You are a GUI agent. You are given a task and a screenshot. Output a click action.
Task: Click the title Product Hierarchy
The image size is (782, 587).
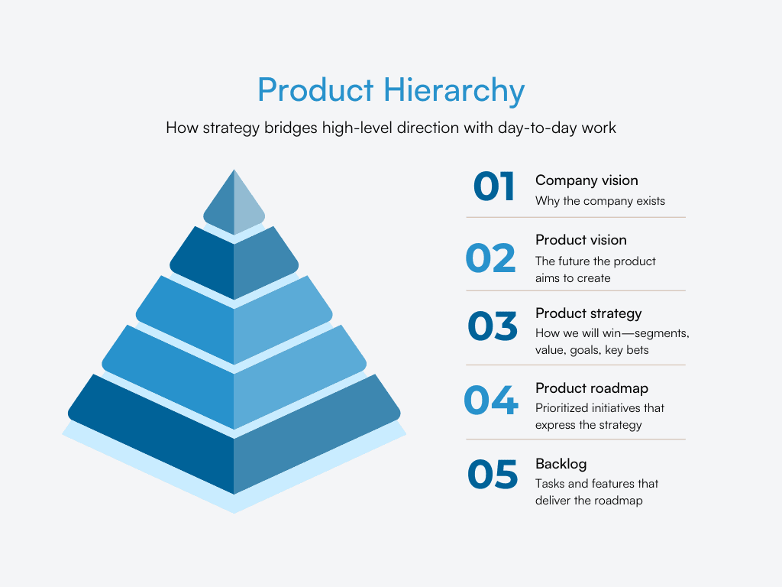(x=391, y=90)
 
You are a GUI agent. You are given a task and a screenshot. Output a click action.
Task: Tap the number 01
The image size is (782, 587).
(x=494, y=187)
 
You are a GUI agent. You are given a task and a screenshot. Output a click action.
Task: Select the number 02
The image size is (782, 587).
(x=491, y=259)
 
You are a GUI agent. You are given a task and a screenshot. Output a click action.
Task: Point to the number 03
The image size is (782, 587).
(x=493, y=326)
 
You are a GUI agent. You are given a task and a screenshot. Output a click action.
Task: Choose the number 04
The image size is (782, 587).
(x=491, y=401)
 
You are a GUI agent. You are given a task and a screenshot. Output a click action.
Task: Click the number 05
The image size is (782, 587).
(x=493, y=475)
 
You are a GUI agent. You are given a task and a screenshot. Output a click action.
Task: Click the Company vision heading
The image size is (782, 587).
(x=586, y=180)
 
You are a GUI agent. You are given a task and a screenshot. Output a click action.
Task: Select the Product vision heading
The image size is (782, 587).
(x=580, y=240)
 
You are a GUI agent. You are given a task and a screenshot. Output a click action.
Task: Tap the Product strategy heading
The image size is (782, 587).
(x=588, y=313)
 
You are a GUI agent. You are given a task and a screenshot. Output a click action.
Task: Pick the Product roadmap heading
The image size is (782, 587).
(x=591, y=388)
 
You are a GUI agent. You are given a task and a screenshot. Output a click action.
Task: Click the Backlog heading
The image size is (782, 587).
(x=561, y=464)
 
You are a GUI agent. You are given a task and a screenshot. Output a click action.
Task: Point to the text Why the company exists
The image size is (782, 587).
(x=599, y=201)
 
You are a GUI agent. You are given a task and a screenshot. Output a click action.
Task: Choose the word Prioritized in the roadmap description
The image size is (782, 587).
(x=564, y=408)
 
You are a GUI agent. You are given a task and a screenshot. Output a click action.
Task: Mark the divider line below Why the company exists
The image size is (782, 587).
(x=576, y=217)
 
